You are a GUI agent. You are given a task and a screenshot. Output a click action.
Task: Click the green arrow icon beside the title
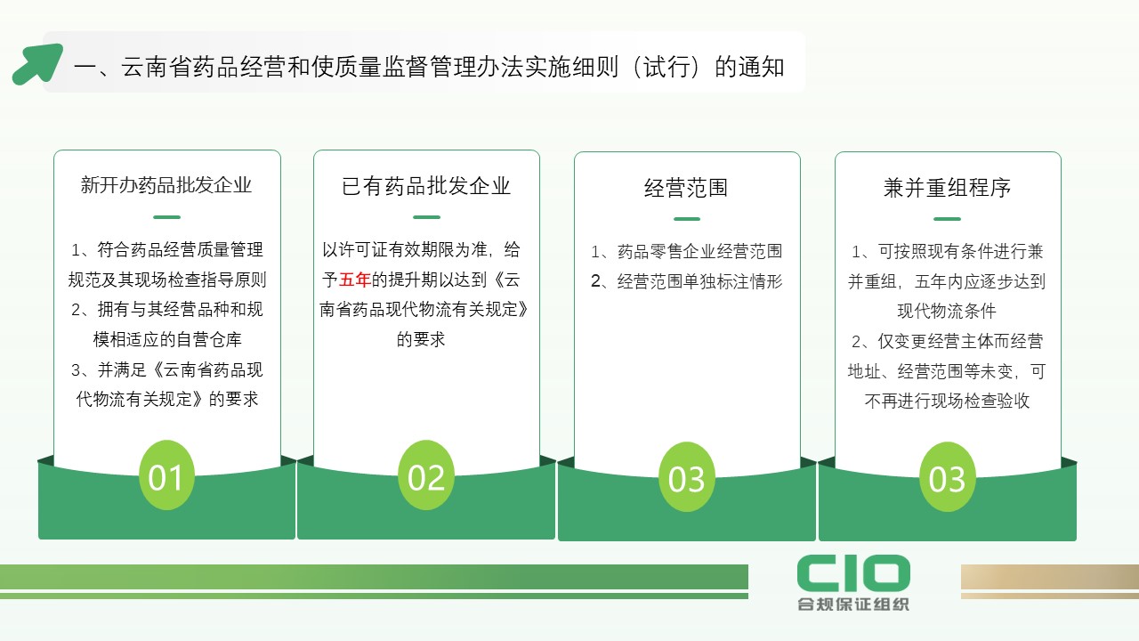[x=37, y=64]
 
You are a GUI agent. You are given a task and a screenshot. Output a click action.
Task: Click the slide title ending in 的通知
[x=429, y=67]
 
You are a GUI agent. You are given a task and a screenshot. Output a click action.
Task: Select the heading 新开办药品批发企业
[x=166, y=184]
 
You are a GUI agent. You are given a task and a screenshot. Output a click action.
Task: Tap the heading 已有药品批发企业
[x=426, y=186]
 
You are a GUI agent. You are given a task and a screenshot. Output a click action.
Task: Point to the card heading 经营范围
[x=686, y=188]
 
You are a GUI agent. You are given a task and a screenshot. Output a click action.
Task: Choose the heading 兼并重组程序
[x=948, y=188]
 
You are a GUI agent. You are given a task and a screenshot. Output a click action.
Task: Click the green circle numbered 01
[x=166, y=475]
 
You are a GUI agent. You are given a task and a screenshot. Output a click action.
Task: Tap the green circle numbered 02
[x=426, y=475]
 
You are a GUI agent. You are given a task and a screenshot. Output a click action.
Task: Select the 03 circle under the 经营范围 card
[x=686, y=477]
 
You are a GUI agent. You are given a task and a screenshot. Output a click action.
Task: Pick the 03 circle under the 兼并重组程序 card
[x=948, y=477]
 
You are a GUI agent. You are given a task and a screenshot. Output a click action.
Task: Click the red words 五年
[x=354, y=280]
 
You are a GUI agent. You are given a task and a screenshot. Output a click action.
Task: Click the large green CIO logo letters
[x=853, y=572]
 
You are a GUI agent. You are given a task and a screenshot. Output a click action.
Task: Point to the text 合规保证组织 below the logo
[x=853, y=604]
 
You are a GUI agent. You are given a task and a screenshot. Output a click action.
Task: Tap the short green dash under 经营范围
[x=687, y=219]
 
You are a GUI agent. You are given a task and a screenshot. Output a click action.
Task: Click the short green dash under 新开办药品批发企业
[x=166, y=217]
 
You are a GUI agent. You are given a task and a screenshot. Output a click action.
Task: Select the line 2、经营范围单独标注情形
[x=686, y=281]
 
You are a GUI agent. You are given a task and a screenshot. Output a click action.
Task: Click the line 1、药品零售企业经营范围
[x=686, y=251]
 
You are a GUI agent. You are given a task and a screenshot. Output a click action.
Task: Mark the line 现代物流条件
[x=947, y=311]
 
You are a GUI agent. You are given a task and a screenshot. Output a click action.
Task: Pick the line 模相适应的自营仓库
[x=167, y=339]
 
